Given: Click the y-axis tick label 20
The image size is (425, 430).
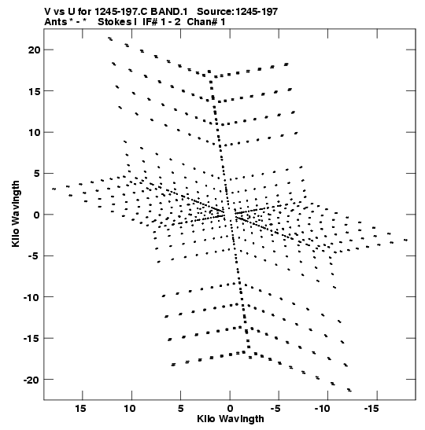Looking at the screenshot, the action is tap(34, 50).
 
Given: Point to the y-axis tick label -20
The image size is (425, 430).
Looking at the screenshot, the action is tap(31, 380).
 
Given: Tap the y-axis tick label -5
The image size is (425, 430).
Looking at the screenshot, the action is tap(34, 256).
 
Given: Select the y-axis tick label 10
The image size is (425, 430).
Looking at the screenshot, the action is tap(34, 132).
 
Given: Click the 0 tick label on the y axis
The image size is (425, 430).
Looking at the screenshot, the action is tap(36, 215).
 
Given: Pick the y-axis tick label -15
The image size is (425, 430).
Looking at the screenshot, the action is tap(31, 339).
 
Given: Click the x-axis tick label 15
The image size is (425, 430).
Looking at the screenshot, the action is tap(80, 409).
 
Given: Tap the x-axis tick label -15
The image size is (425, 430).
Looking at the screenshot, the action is tap(371, 409).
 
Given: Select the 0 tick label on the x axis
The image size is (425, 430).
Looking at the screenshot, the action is tap(230, 409).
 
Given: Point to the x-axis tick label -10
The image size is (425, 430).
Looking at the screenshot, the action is tap(323, 409).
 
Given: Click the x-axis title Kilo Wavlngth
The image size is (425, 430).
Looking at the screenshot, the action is tap(231, 419).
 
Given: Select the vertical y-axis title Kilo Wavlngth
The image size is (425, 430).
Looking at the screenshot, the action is tap(16, 214).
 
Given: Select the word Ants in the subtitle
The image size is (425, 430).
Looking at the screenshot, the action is tap(55, 22).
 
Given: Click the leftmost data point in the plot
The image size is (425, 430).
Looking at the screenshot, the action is tap(54, 189).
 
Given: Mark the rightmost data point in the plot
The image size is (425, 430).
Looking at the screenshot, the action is tap(406, 241).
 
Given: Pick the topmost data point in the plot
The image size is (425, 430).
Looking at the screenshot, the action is tap(110, 39).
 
